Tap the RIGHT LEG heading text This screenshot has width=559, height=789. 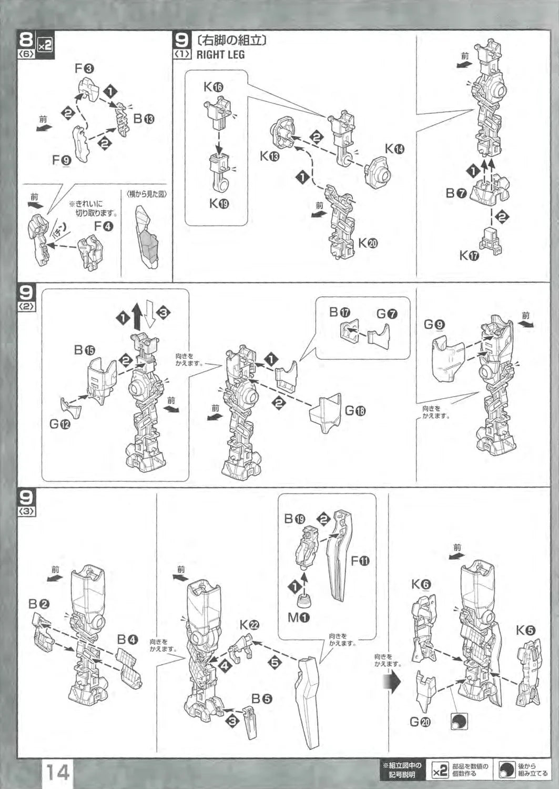pos(220,54)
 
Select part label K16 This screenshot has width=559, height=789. pos(214,87)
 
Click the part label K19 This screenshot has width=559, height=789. pos(219,204)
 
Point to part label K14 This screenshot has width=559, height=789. pos(394,149)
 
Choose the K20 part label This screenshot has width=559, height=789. pos(368,243)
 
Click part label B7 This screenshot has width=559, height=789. pos(456,194)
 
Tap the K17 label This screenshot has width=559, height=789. pos(469,256)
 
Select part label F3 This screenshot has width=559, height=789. pos(84,68)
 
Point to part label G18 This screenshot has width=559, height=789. pos(355,411)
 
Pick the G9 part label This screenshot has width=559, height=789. pos(434,325)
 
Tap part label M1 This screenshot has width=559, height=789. pos(298,617)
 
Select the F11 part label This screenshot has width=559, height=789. pos(360,561)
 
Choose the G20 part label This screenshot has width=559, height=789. pos(420,722)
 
